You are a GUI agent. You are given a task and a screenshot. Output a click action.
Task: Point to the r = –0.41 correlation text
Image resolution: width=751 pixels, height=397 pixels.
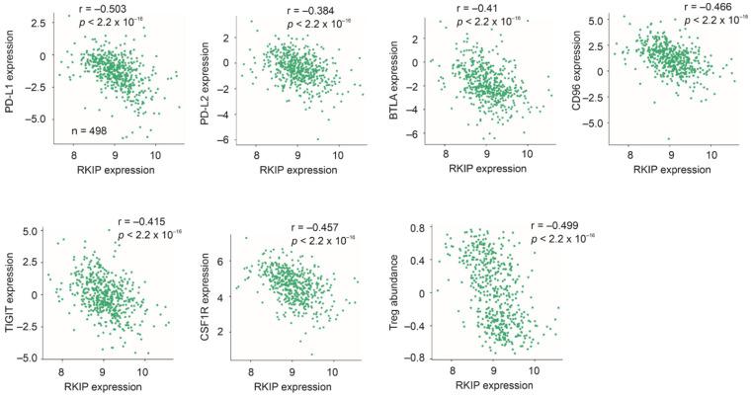point(482,8)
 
